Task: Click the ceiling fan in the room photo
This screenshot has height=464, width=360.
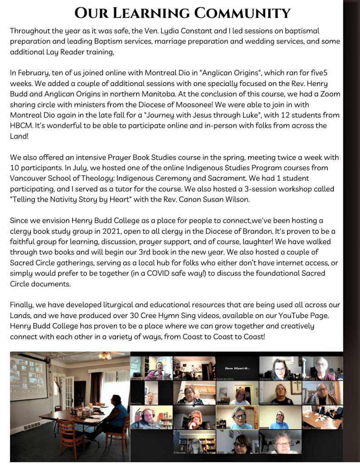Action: [106, 356]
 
